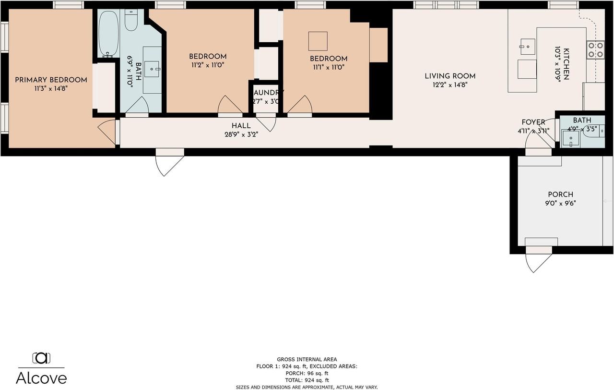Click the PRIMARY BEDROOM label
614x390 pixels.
coord(51,80)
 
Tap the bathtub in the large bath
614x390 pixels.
coord(108,34)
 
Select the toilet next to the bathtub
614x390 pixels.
coord(131,20)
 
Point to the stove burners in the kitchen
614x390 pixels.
coord(595,50)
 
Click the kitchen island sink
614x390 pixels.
coord(528,47)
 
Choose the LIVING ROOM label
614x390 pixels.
coord(450,76)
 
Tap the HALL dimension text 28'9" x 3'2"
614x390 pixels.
coord(241,134)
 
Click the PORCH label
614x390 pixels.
coord(561,195)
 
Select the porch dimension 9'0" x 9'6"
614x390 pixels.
coord(561,203)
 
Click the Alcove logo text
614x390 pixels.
coord(41,378)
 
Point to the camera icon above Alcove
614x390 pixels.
coord(41,358)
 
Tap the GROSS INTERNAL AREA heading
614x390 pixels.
coord(307,359)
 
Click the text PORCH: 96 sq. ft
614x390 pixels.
coord(307,373)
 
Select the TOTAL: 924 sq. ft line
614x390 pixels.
coord(307,380)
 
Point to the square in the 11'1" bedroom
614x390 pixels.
coord(318,41)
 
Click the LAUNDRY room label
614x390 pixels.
coord(268,93)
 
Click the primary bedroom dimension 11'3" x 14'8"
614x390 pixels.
coord(51,88)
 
